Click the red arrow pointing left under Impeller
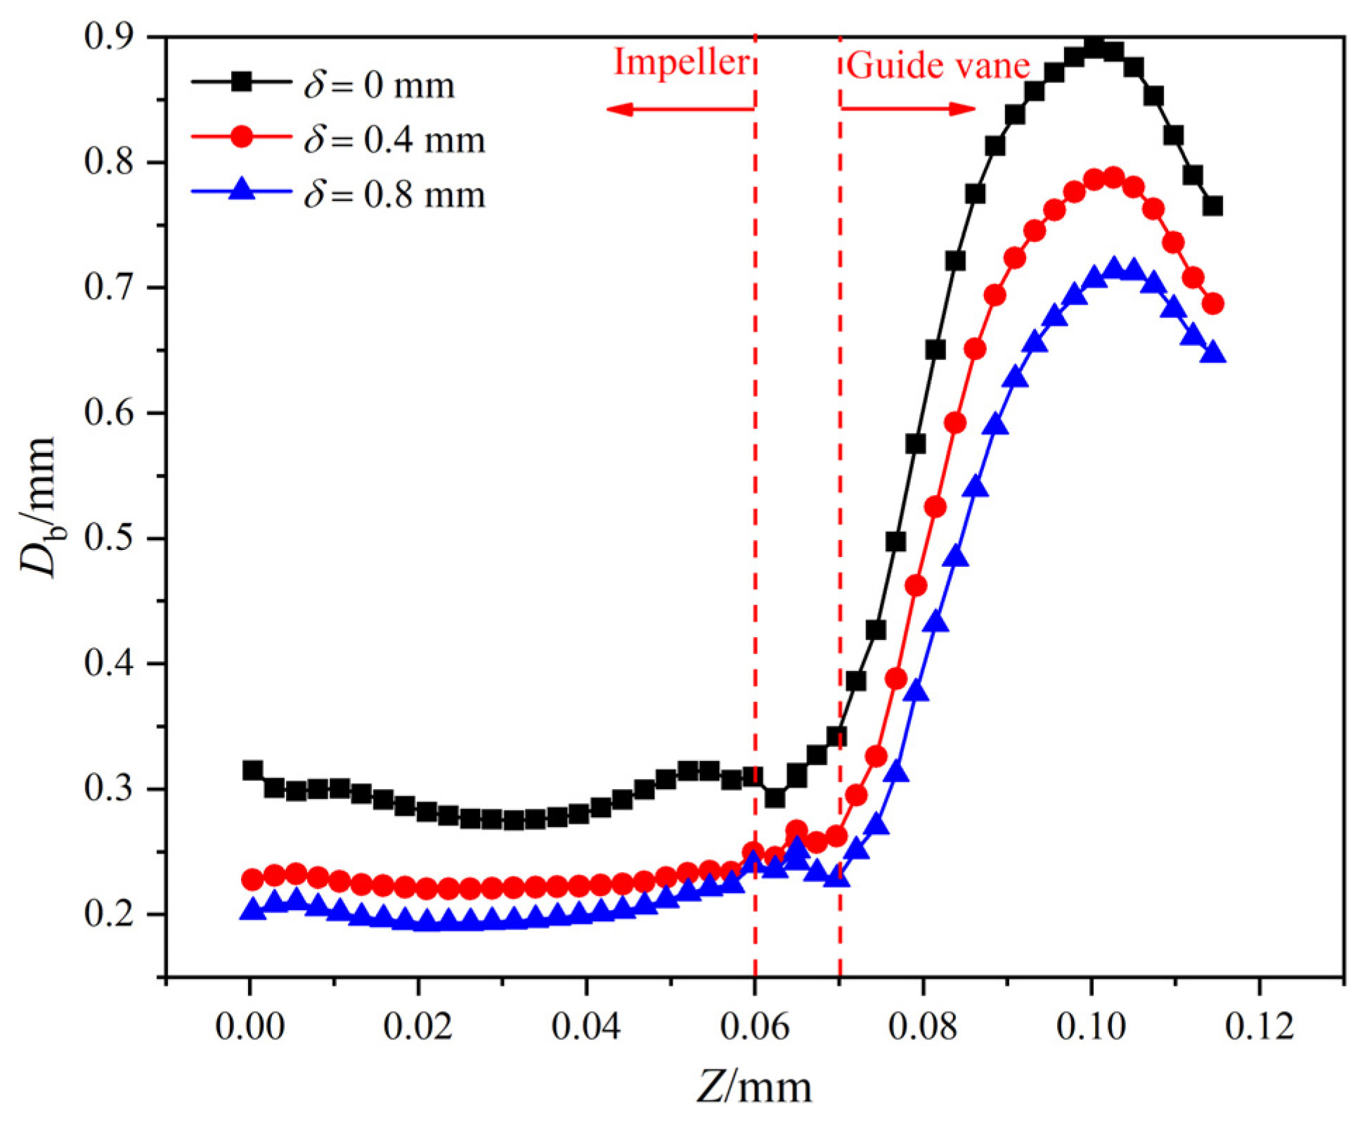[x=680, y=109]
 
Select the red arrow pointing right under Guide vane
[x=908, y=109]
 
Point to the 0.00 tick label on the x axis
[x=250, y=1027]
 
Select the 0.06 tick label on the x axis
[x=754, y=1027]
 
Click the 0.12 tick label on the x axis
[x=1259, y=1027]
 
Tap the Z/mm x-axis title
[x=754, y=1087]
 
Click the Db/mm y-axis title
[x=39, y=506]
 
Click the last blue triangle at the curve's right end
[x=1212, y=354]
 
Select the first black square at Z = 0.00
[x=252, y=770]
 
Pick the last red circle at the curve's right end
[x=1213, y=304]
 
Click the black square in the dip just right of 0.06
[x=775, y=798]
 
